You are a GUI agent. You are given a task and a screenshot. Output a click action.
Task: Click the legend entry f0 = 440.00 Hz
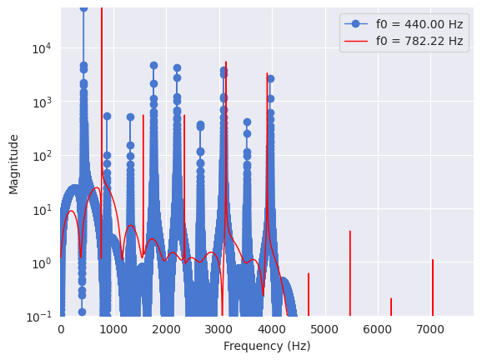404,24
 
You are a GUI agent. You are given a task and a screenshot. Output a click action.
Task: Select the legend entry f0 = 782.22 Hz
404,41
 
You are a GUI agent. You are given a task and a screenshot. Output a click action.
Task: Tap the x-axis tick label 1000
113,330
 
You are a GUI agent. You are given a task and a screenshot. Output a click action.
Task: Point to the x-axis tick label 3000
219,330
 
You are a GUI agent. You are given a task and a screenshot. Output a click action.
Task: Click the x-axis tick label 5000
325,330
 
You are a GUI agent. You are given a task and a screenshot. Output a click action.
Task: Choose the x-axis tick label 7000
430,330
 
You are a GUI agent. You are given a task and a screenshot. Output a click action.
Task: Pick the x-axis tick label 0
61,330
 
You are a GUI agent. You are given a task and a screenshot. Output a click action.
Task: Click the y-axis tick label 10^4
42,48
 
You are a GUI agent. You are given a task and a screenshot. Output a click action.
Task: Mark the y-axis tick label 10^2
42,156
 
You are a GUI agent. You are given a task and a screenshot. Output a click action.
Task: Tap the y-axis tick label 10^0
42,263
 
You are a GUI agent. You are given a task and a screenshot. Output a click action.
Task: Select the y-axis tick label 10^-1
39,317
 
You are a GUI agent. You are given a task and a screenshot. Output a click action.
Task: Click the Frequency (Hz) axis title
267,346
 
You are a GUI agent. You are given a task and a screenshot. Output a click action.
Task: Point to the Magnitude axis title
13,165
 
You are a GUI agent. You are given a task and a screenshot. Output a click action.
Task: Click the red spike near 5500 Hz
350,273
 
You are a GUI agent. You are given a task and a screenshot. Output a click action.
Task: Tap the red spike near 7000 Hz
433,287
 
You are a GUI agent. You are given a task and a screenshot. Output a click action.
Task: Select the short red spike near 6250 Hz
391,307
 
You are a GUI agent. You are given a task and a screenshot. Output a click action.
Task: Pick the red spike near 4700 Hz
309,294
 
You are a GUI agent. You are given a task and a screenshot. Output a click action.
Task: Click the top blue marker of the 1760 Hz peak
153,66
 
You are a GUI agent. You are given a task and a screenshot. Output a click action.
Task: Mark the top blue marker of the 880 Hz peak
107,117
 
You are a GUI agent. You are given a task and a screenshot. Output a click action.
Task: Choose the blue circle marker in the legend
355,24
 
